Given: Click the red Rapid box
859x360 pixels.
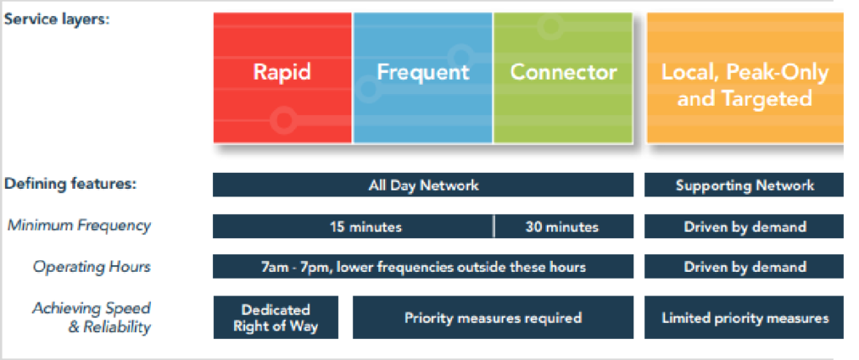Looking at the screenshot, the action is coord(283,78).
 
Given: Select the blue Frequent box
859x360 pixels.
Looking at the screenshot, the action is coord(423,78).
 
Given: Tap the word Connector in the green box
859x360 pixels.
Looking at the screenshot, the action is coord(563,72).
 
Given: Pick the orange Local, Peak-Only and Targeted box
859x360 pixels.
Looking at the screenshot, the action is coord(745,78).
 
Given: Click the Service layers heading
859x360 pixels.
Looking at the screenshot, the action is coord(57,20).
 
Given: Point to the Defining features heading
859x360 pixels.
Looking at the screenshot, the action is coord(70,184).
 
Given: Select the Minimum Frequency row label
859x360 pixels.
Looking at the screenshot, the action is coord(79,225).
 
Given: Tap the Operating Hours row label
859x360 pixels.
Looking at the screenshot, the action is coord(91,267).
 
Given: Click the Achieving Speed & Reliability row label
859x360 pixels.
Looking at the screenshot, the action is coord(91,318).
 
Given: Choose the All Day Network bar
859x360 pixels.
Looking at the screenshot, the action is coord(423,185).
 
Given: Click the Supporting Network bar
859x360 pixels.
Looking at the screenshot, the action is coord(744,185).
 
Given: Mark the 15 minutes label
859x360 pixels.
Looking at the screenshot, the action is coord(366,227).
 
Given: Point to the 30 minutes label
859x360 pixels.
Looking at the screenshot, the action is coord(562,227).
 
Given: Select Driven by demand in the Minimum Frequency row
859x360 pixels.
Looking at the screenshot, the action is coord(744,227).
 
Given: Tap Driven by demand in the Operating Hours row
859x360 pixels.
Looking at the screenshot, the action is coord(744,267).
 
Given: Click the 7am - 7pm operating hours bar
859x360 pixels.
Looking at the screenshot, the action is coord(423,267).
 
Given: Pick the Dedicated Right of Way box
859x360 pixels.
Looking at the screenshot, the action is coord(275,318).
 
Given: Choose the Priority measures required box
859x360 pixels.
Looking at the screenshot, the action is coord(493,318).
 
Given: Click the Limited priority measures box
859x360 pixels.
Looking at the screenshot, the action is coord(744,318).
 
